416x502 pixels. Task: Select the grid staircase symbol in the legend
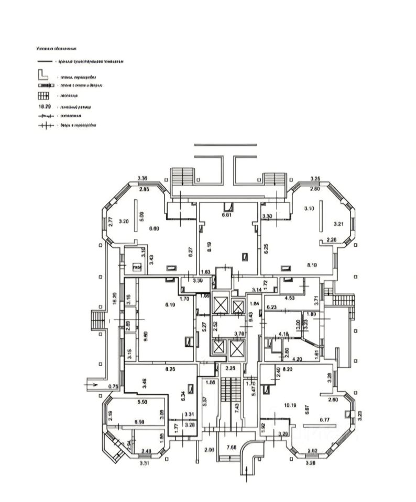coord(43,96)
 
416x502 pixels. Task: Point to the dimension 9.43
coord(250,316)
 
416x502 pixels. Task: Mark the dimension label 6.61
coord(226,214)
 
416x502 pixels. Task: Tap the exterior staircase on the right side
coord(343,300)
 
